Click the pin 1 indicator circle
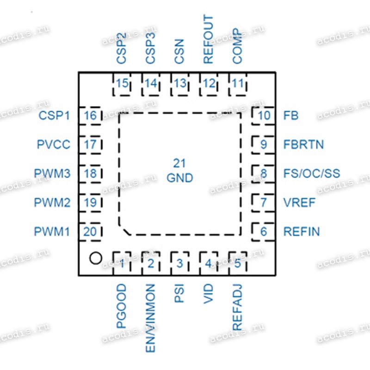pyautogui.click(x=96, y=258)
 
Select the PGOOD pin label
pyautogui.click(x=122, y=306)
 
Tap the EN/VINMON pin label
pyautogui.click(x=151, y=318)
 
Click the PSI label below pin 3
pyautogui.click(x=179, y=293)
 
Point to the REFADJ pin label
pyautogui.click(x=237, y=307)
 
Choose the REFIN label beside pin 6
pyautogui.click(x=302, y=232)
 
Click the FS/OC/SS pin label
pyautogui.click(x=312, y=173)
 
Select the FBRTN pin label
pyautogui.click(x=303, y=144)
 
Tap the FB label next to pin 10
pyautogui.click(x=291, y=115)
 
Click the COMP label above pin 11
pyautogui.click(x=237, y=46)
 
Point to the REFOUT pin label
pyautogui.click(x=209, y=39)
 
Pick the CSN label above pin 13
pyautogui.click(x=179, y=51)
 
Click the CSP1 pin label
pyautogui.click(x=54, y=115)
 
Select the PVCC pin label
pyautogui.click(x=54, y=144)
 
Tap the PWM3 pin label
pyautogui.click(x=52, y=173)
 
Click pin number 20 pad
pyautogui.click(x=90, y=232)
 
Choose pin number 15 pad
pyautogui.click(x=122, y=84)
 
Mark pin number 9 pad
pyautogui.click(x=264, y=145)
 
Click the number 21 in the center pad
pyautogui.click(x=179, y=163)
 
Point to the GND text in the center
pyautogui.click(x=180, y=178)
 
